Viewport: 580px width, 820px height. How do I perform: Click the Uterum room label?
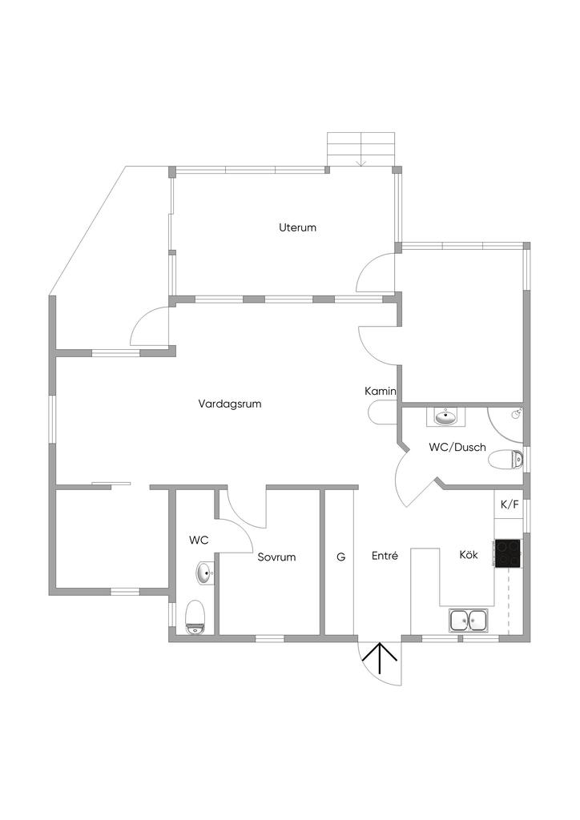(297, 227)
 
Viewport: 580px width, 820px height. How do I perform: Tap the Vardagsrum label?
(230, 404)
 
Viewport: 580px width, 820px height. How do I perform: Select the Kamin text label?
(381, 391)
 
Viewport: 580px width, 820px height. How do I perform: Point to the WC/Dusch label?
(457, 447)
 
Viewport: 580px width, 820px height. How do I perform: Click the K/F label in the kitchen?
(510, 504)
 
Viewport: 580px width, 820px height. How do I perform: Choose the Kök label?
(469, 555)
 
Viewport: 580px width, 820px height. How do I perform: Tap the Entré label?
(385, 556)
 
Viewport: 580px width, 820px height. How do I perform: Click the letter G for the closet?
(341, 557)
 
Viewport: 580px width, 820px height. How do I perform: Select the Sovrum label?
(276, 557)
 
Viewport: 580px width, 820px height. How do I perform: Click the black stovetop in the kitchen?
(507, 554)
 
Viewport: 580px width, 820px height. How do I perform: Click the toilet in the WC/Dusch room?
(505, 460)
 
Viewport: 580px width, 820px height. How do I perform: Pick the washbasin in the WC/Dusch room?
(445, 416)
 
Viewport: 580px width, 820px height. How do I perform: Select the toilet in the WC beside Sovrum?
(195, 617)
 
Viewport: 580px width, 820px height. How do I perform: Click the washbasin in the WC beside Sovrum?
(206, 573)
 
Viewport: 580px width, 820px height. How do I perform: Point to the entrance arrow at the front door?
(380, 658)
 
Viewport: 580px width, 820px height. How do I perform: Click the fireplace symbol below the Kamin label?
(382, 412)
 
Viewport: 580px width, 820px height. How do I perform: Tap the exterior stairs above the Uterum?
(360, 149)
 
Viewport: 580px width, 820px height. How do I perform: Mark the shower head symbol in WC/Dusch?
(516, 414)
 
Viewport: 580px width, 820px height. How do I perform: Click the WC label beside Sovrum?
(199, 541)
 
